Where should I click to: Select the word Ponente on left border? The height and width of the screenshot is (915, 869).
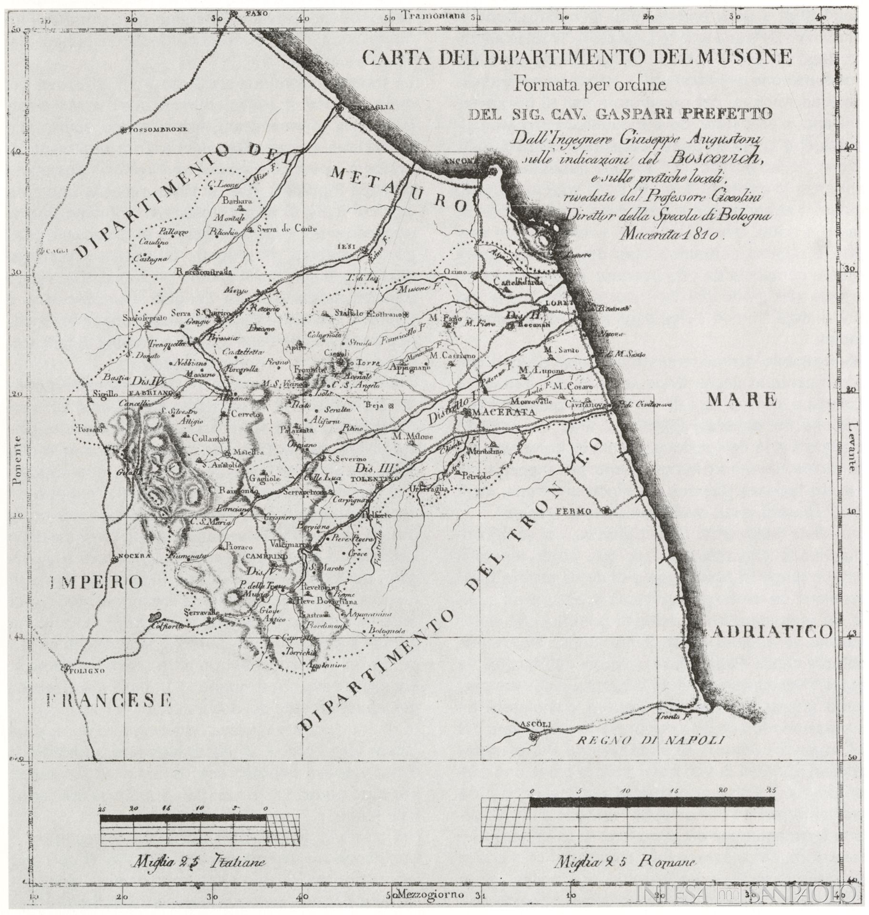(18, 460)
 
